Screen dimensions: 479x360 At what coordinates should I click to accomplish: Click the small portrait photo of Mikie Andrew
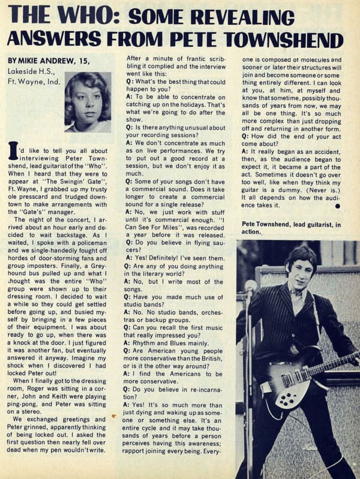click(x=88, y=102)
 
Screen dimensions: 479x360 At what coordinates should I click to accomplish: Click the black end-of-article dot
click(x=337, y=205)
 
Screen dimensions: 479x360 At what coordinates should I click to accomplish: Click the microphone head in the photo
click(x=251, y=287)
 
